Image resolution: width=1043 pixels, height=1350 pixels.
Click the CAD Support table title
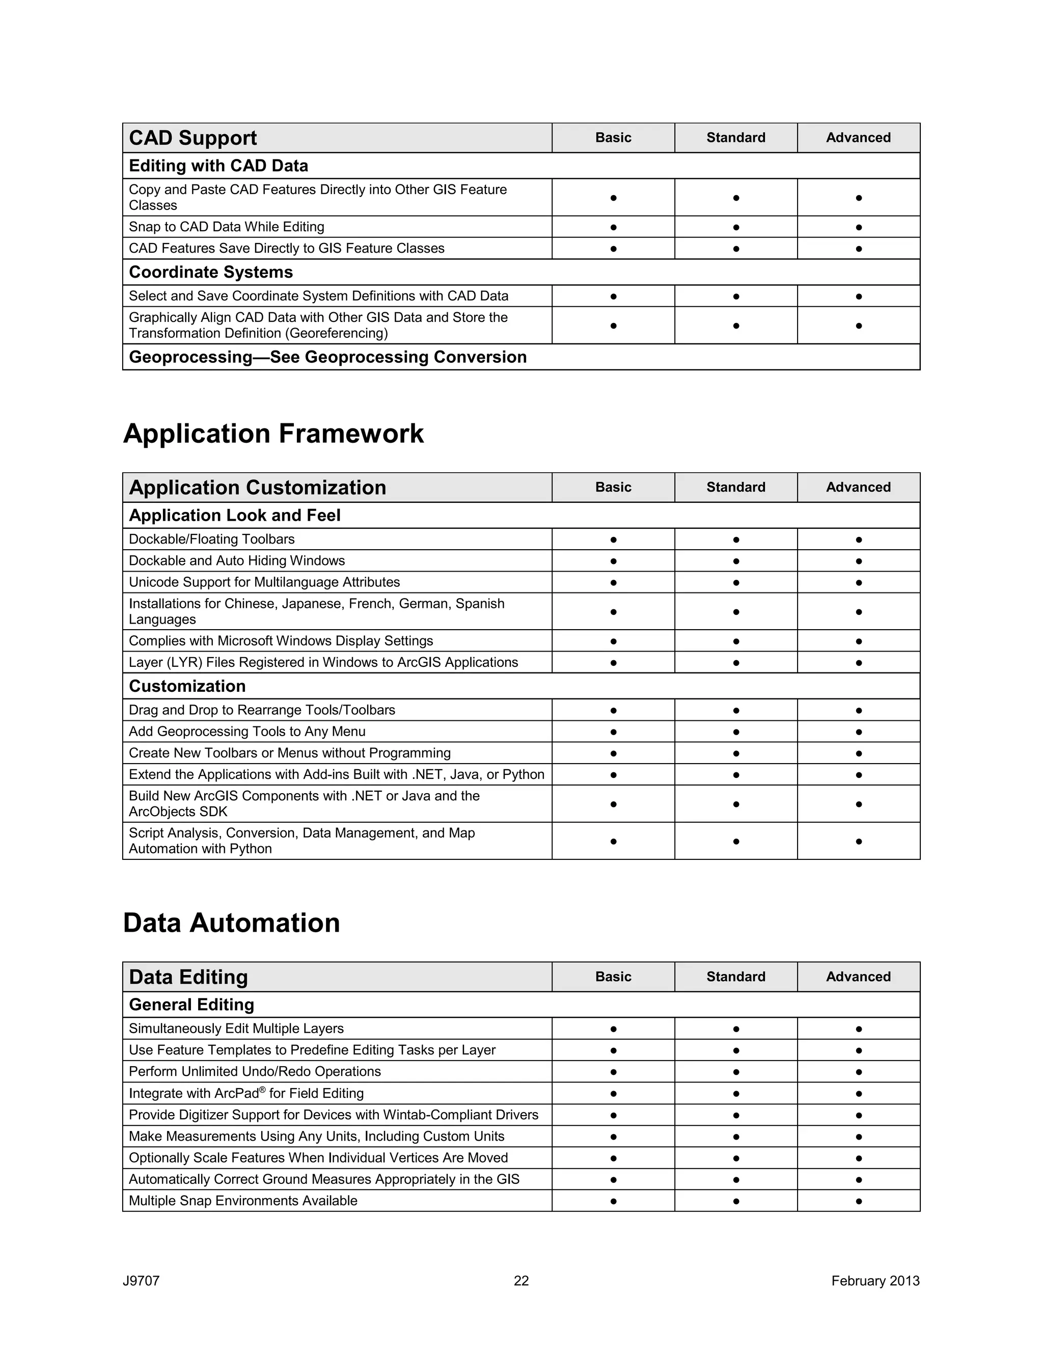click(193, 138)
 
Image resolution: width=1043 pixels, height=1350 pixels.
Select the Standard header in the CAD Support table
click(735, 138)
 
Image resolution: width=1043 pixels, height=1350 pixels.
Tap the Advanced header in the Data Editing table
click(858, 977)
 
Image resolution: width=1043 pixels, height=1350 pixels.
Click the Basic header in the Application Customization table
click(613, 487)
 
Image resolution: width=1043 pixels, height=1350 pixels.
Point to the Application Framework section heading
click(273, 434)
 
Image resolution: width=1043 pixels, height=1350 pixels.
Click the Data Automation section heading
click(231, 923)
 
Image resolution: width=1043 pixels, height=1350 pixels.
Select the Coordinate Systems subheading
click(211, 272)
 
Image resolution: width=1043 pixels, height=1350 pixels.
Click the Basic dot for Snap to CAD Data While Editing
click(613, 228)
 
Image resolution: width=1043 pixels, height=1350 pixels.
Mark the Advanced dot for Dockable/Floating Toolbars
click(858, 539)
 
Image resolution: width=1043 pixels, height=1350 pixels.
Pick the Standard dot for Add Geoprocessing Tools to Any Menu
click(735, 732)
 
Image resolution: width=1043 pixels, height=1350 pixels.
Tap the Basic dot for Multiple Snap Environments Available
click(613, 1201)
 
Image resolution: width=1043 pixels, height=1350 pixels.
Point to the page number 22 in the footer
click(521, 1281)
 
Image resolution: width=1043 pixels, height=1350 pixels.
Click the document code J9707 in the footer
click(141, 1281)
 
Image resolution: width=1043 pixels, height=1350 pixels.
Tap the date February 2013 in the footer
click(875, 1281)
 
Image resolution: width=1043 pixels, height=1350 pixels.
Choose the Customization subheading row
click(187, 686)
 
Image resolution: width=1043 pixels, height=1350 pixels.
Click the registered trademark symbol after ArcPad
click(263, 1089)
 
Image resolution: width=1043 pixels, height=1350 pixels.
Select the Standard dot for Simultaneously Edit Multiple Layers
click(735, 1029)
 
